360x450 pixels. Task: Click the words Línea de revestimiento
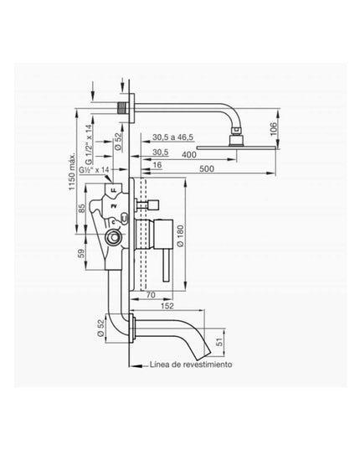191,365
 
